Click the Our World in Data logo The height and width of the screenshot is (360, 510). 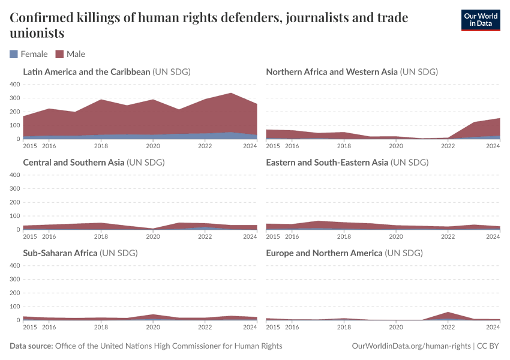click(x=480, y=20)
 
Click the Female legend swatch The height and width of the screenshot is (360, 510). click(x=14, y=54)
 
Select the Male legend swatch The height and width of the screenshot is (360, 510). click(x=59, y=54)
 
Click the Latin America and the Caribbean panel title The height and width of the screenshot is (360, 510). click(x=86, y=72)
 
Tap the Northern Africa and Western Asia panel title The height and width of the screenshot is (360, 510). click(x=331, y=72)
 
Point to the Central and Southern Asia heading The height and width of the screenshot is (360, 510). click(x=74, y=162)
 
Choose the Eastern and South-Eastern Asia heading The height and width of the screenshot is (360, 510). click(x=328, y=162)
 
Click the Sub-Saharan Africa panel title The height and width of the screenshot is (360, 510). click(x=60, y=253)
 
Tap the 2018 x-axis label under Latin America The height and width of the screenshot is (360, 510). click(x=101, y=145)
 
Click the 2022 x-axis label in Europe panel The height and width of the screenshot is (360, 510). click(x=448, y=326)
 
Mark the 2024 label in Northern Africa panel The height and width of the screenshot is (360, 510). click(x=493, y=145)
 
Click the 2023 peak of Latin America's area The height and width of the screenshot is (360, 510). click(x=231, y=94)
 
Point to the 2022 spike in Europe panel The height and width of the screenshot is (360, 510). click(x=448, y=313)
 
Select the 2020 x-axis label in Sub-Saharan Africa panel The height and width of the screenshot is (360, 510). click(x=153, y=326)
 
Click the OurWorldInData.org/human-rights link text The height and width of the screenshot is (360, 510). click(x=410, y=346)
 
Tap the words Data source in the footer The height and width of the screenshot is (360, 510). click(x=31, y=346)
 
